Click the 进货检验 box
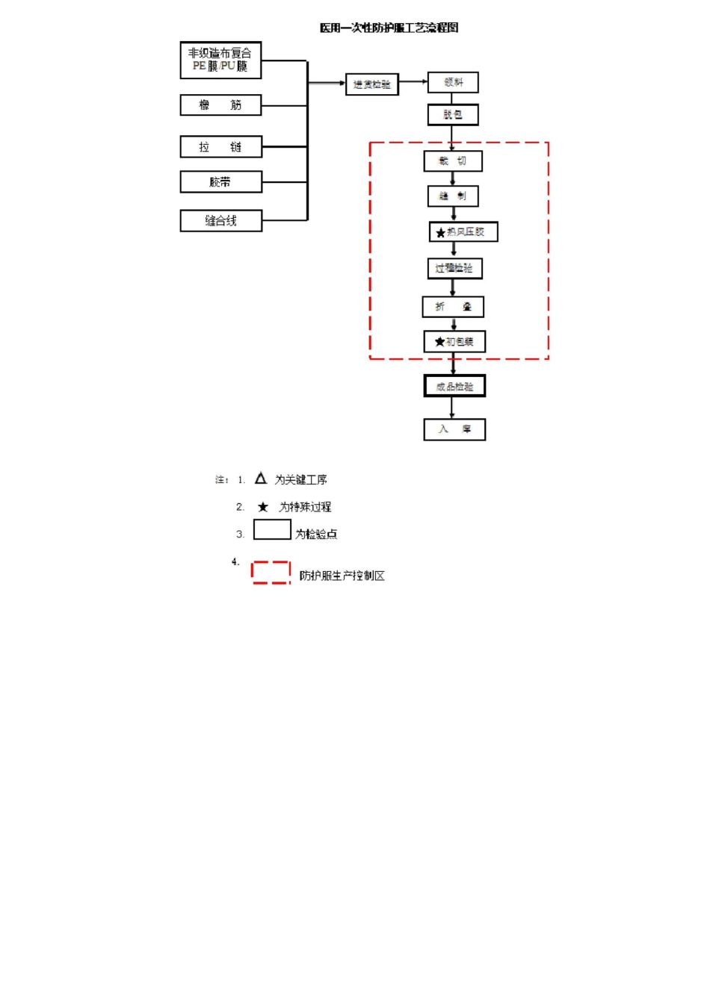(371, 84)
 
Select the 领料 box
(453, 82)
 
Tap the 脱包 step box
(453, 115)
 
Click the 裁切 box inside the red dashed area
(453, 161)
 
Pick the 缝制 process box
(453, 196)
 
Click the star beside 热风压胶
(440, 233)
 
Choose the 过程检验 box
(454, 268)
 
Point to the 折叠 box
(453, 307)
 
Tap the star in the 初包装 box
(439, 342)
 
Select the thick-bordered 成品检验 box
(454, 386)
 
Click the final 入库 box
(454, 429)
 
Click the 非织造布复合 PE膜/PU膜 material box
(220, 60)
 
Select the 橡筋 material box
(220, 105)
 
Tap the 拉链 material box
(220, 147)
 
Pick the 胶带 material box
(220, 182)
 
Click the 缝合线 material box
(220, 221)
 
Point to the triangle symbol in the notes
(261, 479)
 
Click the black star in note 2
(263, 507)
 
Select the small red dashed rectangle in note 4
(271, 573)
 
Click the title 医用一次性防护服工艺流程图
(389, 28)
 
